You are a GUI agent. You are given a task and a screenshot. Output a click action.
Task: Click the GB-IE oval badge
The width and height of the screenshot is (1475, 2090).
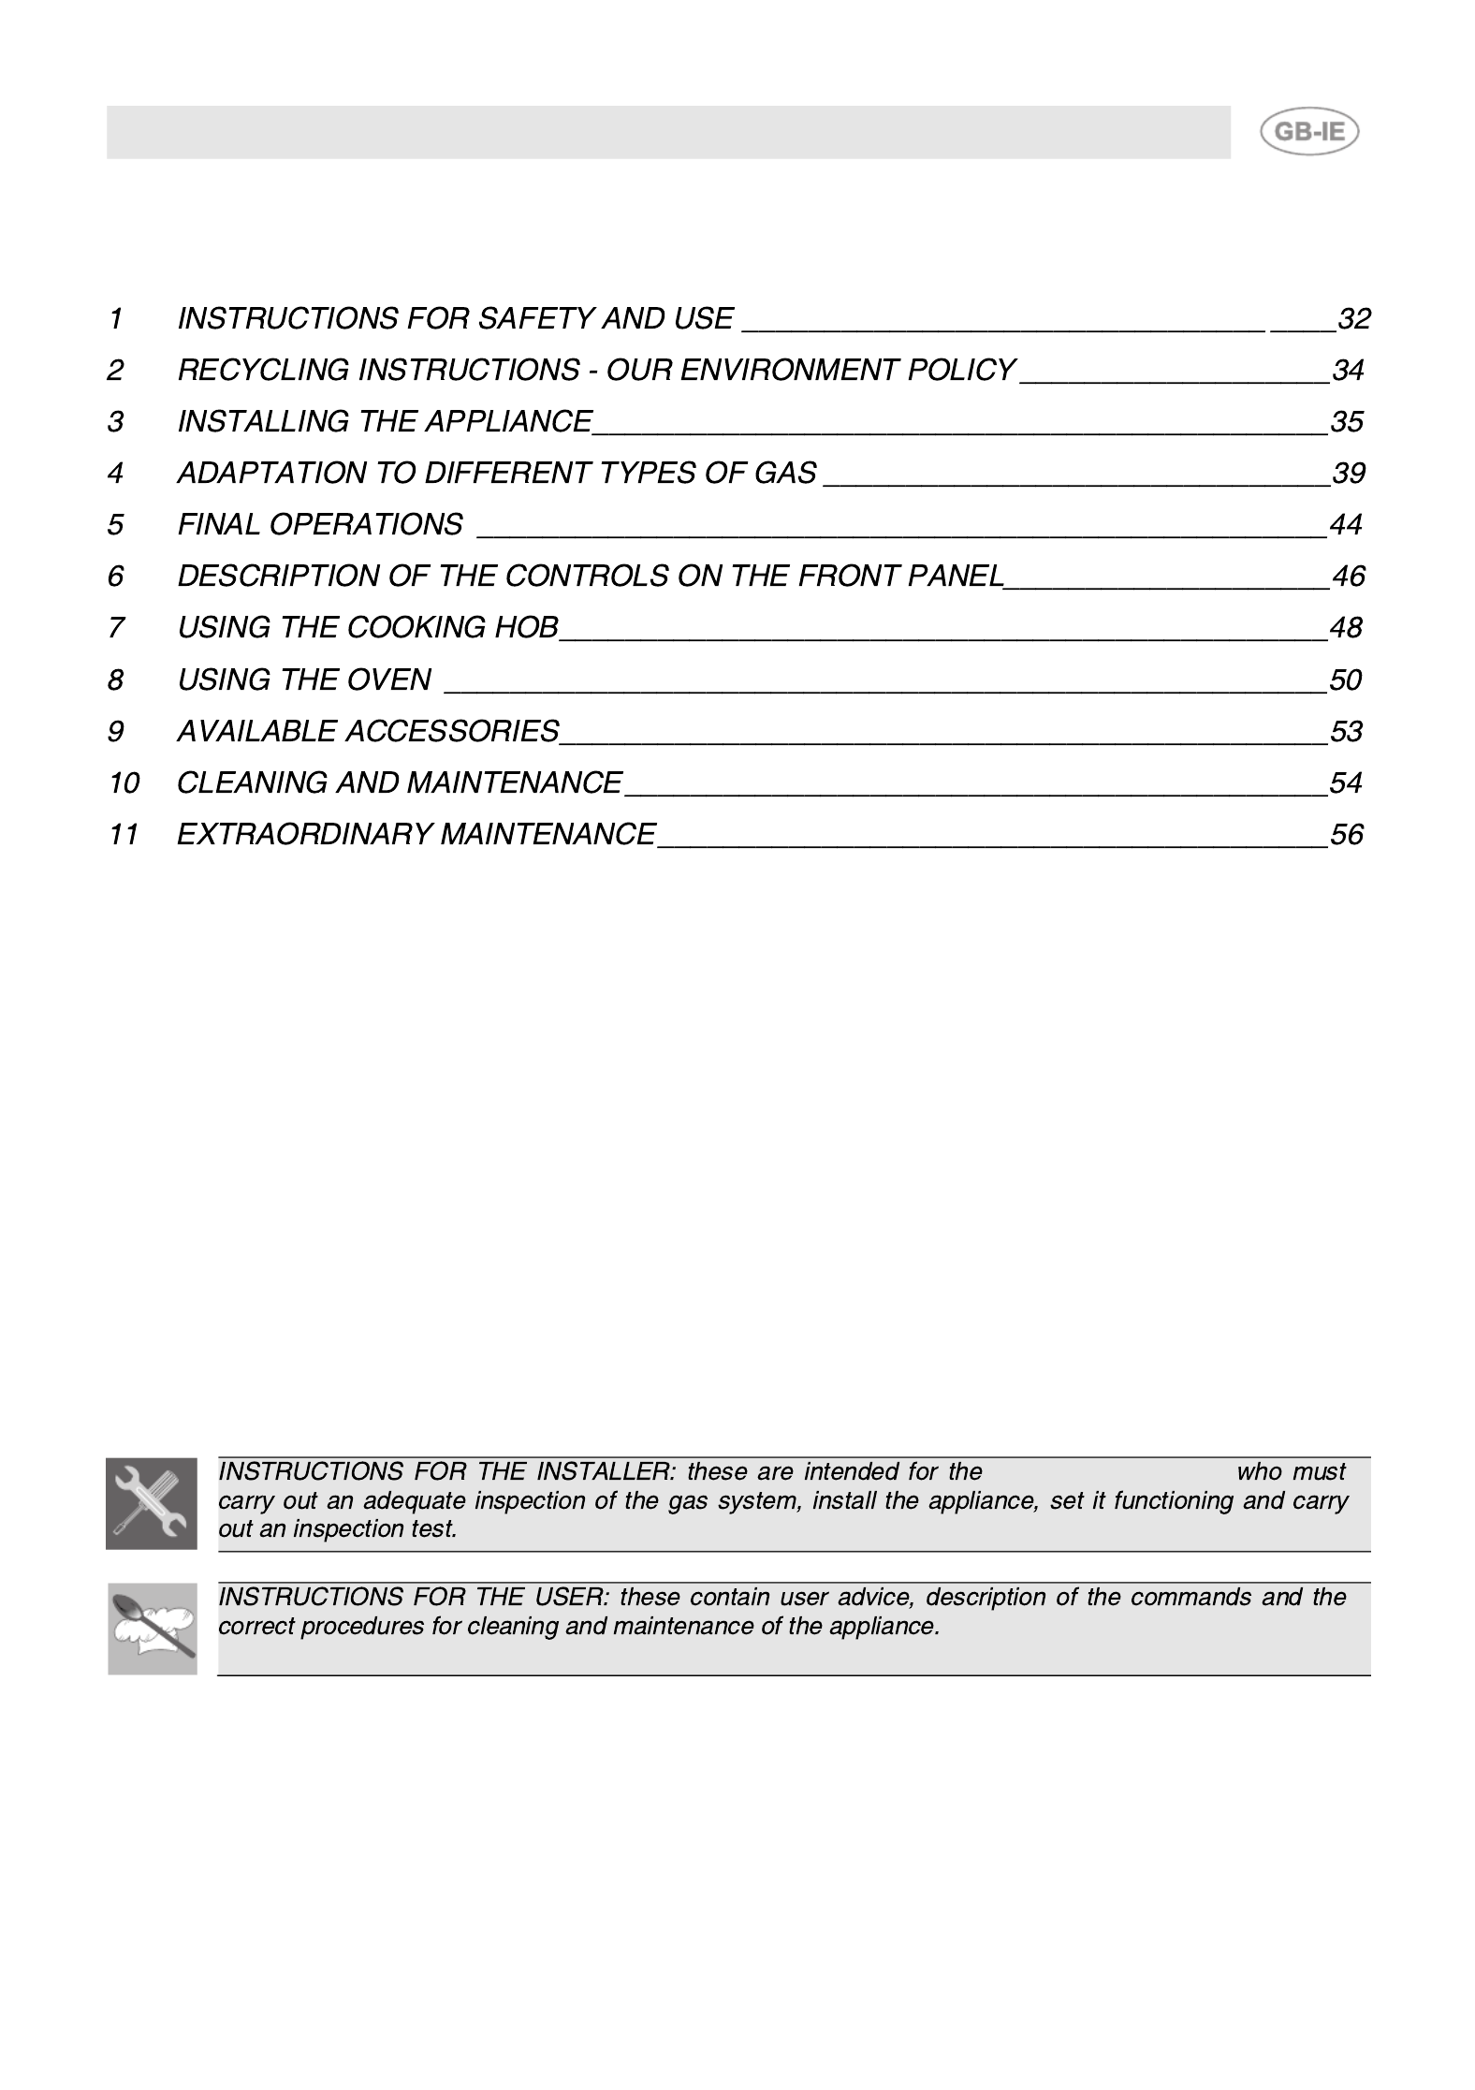[1308, 132]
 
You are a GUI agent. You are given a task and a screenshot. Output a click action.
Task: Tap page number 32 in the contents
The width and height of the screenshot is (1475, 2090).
[1353, 319]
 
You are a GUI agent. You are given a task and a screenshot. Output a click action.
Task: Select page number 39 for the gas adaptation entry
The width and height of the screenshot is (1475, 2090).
[1348, 474]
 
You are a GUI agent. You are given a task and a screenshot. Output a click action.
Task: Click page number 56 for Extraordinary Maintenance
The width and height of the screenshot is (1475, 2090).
[1346, 834]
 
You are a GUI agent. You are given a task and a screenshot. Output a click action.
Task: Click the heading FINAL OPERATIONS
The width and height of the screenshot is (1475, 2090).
[320, 525]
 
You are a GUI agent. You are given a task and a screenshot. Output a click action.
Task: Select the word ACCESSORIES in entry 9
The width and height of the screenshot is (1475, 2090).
[452, 731]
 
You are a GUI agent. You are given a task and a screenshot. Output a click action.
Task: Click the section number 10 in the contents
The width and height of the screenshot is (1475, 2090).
[124, 782]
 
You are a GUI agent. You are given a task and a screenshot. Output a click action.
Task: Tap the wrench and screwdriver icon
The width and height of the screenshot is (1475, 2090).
[152, 1503]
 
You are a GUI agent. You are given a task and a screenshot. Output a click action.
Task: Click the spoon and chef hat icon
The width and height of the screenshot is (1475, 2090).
[152, 1629]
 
